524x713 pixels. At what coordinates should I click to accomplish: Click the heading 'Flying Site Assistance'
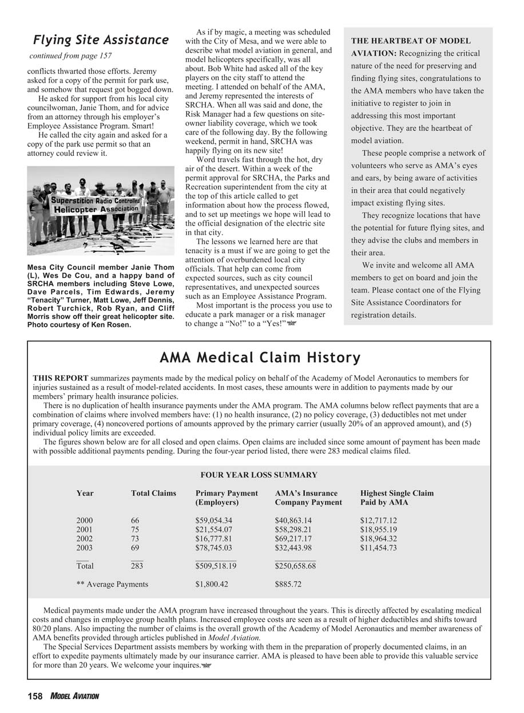(x=101, y=40)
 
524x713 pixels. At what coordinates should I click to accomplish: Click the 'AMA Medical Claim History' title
(x=260, y=358)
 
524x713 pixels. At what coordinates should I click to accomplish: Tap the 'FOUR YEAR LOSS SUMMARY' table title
(x=259, y=475)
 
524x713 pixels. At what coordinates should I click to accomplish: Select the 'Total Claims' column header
(x=153, y=493)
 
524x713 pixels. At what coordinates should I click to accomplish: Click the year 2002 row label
(x=85, y=539)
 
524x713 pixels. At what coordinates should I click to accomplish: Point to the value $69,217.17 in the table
(x=293, y=539)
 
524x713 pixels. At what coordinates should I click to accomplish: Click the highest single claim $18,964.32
(x=378, y=539)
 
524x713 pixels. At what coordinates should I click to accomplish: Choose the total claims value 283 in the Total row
(x=137, y=566)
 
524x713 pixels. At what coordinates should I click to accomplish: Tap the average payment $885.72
(x=288, y=584)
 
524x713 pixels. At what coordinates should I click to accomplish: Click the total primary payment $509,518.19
(x=216, y=566)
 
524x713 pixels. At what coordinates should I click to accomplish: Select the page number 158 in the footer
(x=35, y=696)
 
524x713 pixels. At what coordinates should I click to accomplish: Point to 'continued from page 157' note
(x=70, y=56)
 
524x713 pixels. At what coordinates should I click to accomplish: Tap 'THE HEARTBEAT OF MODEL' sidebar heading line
(x=410, y=41)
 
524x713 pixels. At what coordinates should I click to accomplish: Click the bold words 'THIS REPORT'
(x=61, y=378)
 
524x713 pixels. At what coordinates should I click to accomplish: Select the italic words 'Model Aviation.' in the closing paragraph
(x=234, y=637)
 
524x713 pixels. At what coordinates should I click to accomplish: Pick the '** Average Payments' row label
(x=112, y=584)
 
